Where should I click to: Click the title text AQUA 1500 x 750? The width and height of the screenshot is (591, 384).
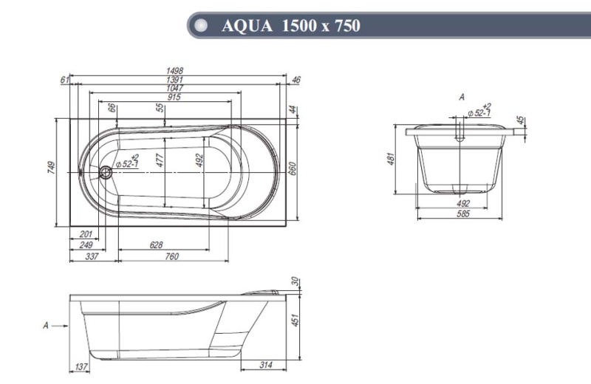291,27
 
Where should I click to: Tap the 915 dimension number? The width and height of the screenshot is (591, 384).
174,97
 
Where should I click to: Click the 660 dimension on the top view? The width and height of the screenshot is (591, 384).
293,169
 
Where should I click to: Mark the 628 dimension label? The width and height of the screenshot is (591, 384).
155,245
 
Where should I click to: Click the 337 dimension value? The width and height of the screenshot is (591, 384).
93,256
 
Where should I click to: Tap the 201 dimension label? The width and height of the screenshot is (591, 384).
86,235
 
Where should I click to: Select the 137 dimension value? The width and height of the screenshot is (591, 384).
83,367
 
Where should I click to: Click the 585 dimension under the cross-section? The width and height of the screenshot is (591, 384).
462,214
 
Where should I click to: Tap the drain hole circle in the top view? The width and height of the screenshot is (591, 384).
105,174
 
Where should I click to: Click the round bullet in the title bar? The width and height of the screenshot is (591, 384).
199,27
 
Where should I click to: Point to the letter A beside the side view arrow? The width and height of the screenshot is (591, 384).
46,325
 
